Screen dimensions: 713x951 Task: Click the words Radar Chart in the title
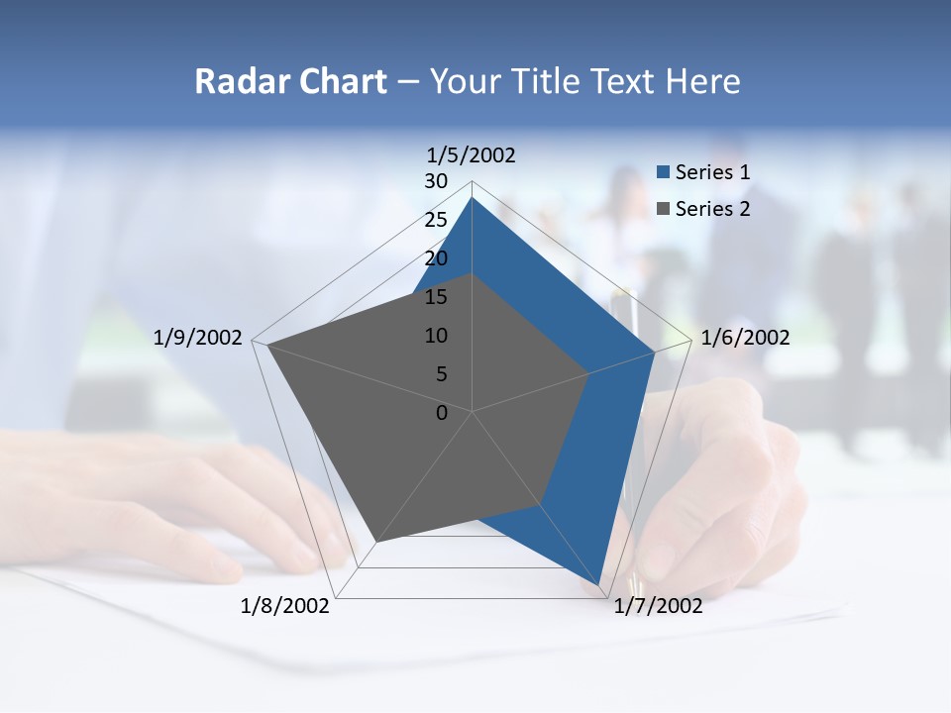click(x=290, y=82)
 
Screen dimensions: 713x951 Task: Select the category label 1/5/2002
click(x=472, y=154)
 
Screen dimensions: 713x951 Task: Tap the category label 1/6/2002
click(x=745, y=338)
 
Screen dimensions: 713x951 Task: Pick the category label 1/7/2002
click(x=658, y=606)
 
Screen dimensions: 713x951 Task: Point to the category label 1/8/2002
click(x=285, y=606)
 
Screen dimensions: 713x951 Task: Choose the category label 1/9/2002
click(x=198, y=338)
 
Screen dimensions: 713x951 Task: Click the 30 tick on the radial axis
click(x=436, y=181)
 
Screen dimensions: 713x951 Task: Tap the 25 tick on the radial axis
click(x=436, y=220)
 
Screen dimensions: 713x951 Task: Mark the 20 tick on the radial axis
click(x=436, y=258)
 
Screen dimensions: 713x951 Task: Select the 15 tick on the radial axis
click(x=436, y=297)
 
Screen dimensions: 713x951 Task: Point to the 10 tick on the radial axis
click(x=436, y=336)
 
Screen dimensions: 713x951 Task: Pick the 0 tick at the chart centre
click(x=442, y=413)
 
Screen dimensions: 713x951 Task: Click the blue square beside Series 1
click(x=664, y=172)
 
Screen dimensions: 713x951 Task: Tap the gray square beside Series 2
click(x=664, y=209)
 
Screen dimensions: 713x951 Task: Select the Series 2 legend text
click(x=712, y=209)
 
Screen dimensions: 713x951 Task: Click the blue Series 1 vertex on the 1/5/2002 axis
click(x=472, y=198)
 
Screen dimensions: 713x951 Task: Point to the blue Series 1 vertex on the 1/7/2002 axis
click(x=599, y=584)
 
